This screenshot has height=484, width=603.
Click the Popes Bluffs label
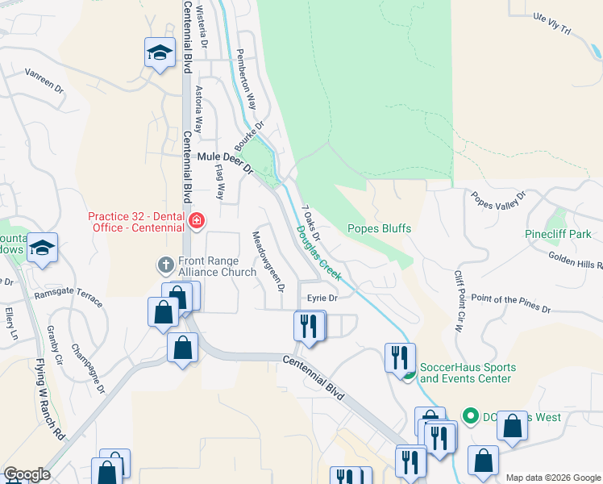[379, 228]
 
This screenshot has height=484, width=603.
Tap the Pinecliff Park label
[558, 234]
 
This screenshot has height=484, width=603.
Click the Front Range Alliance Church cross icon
[165, 265]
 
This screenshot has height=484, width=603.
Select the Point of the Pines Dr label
[510, 303]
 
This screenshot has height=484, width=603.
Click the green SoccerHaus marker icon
[409, 373]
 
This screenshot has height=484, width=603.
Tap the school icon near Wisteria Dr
[160, 53]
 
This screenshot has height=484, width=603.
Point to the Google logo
[27, 474]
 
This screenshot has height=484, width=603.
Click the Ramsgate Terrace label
[69, 296]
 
